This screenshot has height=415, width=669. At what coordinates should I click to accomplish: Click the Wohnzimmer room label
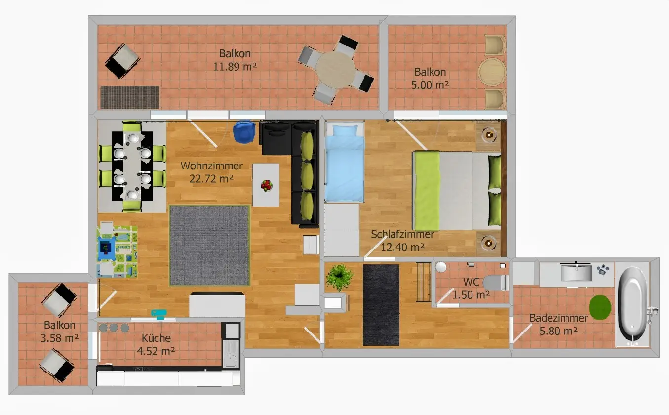point(211,166)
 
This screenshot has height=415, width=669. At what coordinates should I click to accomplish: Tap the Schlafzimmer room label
point(402,235)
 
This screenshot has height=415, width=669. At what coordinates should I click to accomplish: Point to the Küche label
point(156,338)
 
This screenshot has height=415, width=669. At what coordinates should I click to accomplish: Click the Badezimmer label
point(558,318)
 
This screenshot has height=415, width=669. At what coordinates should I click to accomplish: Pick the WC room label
point(471,282)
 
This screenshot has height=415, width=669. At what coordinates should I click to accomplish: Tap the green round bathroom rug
point(599,307)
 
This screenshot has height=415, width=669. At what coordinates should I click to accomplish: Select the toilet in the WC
point(495,283)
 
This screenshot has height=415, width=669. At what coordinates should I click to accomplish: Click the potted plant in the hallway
point(339,277)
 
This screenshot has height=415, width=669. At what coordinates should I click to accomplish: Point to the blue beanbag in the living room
point(244,132)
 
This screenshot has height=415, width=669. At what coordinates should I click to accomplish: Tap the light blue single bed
point(345,163)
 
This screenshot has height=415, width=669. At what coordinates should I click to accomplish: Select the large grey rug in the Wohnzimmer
point(209,245)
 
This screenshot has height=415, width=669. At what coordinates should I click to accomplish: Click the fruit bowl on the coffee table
point(267,185)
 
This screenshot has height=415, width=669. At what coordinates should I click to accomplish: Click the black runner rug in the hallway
point(381,305)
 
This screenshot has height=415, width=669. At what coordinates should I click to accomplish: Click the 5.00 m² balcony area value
point(430,84)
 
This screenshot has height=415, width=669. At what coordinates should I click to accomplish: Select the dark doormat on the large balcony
point(130,97)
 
